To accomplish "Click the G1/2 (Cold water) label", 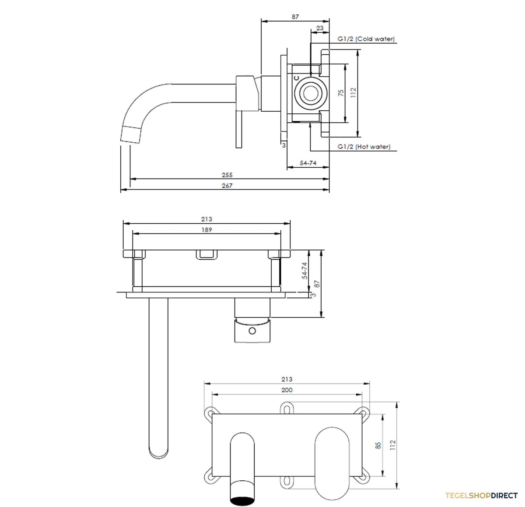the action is (x=366, y=39).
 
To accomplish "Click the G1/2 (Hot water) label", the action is (x=364, y=147).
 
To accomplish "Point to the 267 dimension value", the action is (x=227, y=186).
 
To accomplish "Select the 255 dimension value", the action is (x=227, y=175).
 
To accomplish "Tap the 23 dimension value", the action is (x=320, y=28).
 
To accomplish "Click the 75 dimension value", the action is (x=341, y=93).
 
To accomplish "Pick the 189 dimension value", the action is (x=206, y=230).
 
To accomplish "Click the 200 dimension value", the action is (x=287, y=390).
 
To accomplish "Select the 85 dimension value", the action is (x=378, y=445).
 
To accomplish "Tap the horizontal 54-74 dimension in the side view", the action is (x=308, y=163).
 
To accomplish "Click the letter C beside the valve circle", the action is (x=296, y=78).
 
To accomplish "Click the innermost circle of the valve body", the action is (x=311, y=93).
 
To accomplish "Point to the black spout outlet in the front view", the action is (x=242, y=500).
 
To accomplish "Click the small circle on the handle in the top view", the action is (x=252, y=331).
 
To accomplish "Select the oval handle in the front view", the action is (x=332, y=463).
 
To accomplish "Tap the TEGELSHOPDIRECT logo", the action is (x=481, y=496).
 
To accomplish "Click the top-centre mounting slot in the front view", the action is (x=287, y=408).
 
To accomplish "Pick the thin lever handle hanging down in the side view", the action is (x=239, y=129).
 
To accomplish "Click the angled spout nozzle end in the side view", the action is (x=131, y=134).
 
